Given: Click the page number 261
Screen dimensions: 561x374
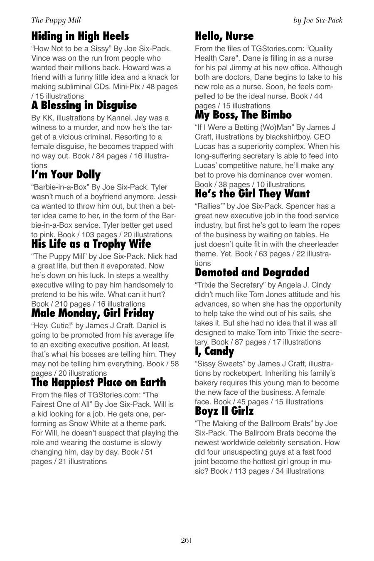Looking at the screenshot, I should [x=187, y=540].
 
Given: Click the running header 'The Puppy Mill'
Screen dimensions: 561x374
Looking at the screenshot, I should [x=56, y=20].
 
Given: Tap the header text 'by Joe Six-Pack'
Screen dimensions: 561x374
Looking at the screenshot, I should [x=317, y=20].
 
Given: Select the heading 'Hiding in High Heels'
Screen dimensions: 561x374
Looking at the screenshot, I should [x=80, y=36].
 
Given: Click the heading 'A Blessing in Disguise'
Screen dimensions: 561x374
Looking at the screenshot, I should [x=84, y=106].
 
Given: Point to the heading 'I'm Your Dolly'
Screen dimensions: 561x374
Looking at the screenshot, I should [x=66, y=175].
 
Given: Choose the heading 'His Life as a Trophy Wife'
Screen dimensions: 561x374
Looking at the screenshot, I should [x=91, y=244].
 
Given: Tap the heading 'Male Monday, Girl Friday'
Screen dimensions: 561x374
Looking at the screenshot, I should [x=93, y=313].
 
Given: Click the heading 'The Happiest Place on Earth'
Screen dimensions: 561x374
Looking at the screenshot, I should [x=98, y=382].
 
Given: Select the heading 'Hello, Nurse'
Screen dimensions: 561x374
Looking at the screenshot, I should [x=224, y=36].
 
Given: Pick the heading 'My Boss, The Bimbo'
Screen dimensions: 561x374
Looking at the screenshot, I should [x=243, y=115].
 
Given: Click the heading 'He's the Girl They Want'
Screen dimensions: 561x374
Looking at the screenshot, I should [x=252, y=194].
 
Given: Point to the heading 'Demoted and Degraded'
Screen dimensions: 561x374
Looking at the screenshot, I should [x=252, y=273].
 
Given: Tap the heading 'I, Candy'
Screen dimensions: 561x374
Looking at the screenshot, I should [x=214, y=352].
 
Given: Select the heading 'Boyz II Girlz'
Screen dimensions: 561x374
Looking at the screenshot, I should [x=224, y=411].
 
